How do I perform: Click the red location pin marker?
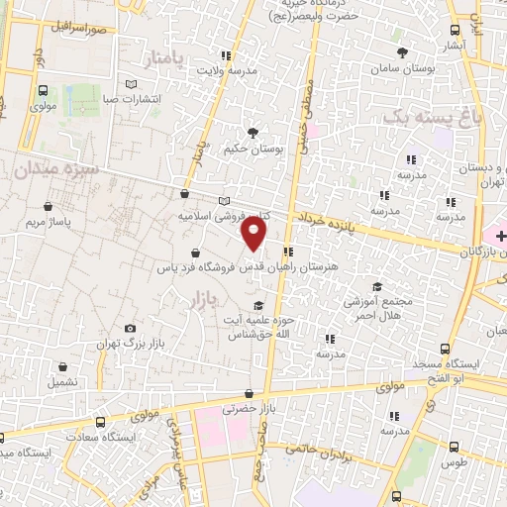(254, 234)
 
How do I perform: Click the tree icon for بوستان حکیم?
(253, 132)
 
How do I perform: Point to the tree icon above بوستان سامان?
(401, 52)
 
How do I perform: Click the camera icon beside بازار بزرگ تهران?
(130, 329)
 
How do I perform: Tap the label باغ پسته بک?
(422, 119)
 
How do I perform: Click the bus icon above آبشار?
(455, 31)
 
